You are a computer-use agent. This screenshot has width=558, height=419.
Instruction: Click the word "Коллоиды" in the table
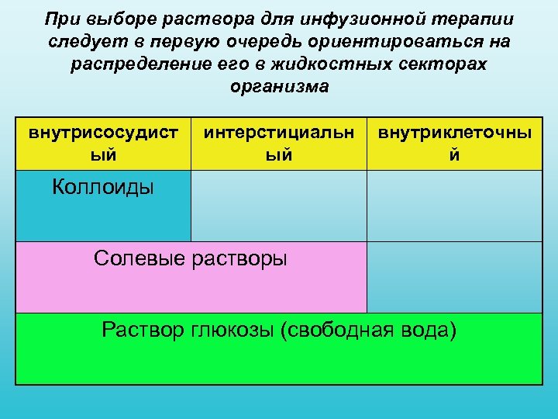click(102, 187)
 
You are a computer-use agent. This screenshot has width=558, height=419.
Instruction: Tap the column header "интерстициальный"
click(278, 144)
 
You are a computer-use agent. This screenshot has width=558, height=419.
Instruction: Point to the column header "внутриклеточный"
click(455, 144)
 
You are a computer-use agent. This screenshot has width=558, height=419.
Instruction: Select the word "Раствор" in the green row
click(143, 331)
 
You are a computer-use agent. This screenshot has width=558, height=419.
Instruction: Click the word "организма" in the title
click(279, 86)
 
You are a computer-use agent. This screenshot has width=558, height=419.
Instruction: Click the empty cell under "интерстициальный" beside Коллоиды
click(278, 206)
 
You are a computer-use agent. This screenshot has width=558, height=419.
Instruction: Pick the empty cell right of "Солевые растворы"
click(454, 276)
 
